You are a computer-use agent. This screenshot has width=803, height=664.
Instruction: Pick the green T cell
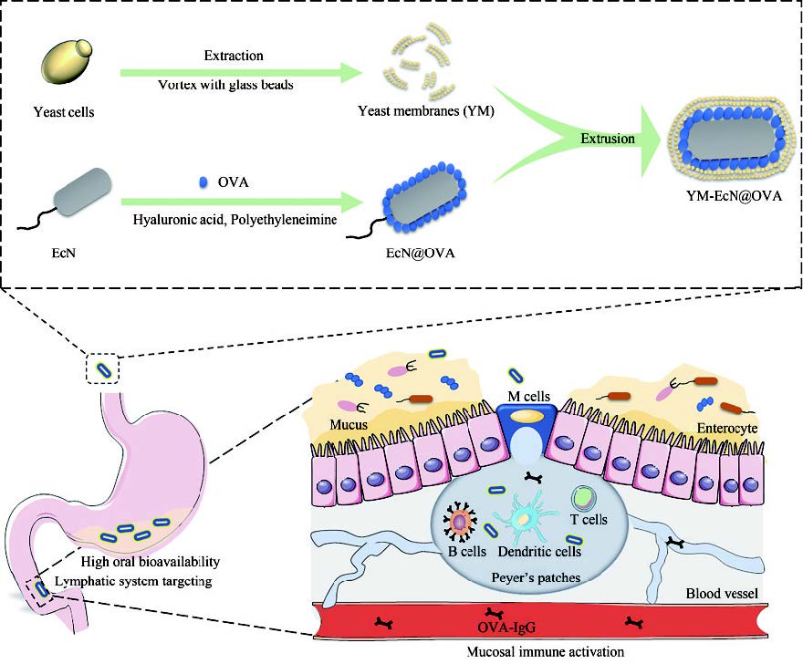click(583, 498)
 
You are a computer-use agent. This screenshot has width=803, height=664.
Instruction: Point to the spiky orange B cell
click(458, 522)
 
